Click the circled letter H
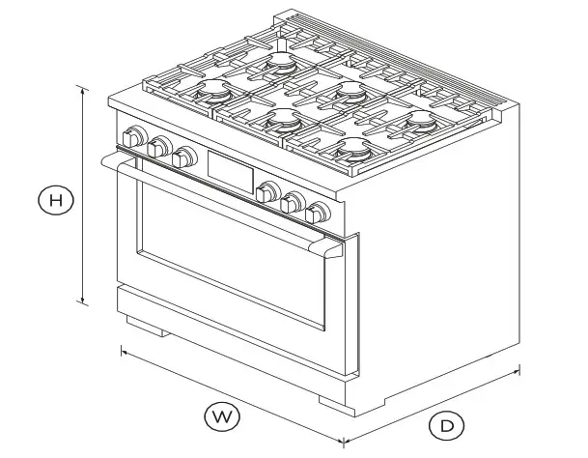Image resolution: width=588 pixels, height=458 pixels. [56, 200]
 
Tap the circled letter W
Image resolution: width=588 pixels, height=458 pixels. [221, 417]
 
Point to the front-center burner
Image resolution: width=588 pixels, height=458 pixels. [281, 120]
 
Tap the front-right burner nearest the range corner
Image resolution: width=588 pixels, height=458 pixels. [350, 152]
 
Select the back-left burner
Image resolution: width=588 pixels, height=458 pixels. [281, 63]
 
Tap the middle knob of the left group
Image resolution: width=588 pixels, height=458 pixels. [159, 147]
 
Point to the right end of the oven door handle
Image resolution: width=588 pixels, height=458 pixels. [327, 251]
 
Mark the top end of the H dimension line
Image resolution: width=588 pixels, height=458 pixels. [83, 88]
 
